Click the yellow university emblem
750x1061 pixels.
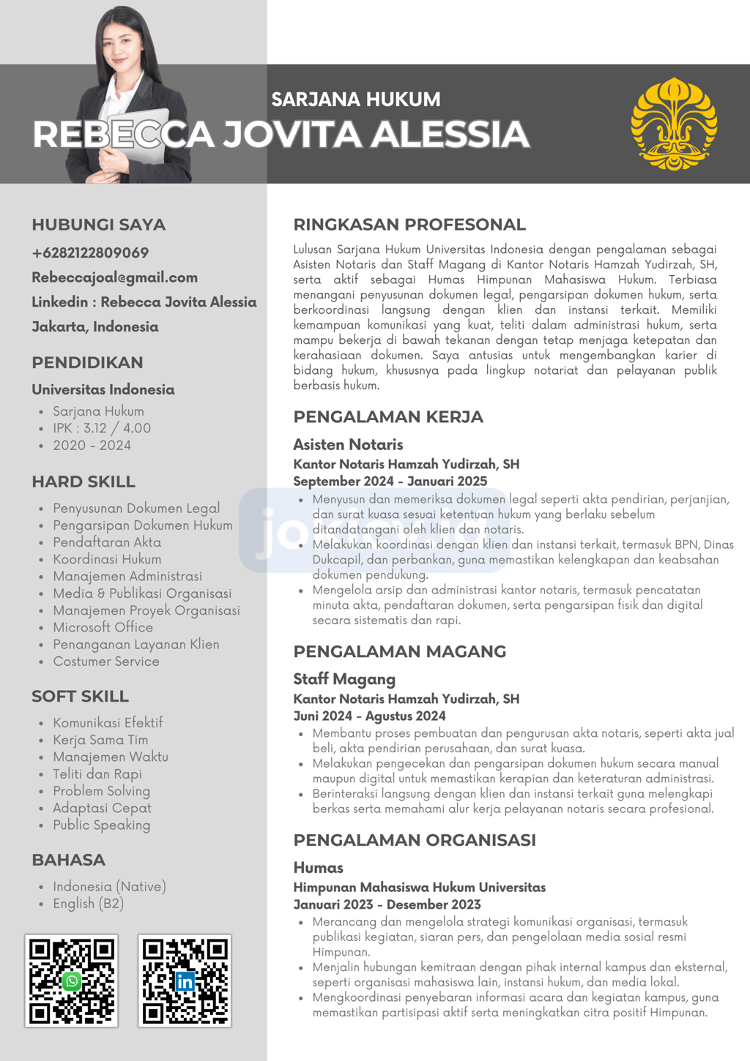(x=674, y=124)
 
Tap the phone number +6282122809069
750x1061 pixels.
(x=90, y=253)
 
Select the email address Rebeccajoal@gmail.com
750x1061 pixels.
(x=114, y=278)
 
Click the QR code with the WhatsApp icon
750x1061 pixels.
(x=71, y=981)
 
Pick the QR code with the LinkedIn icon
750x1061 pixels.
(x=185, y=981)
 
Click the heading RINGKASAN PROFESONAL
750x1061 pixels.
(x=409, y=225)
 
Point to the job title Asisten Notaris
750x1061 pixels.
(x=348, y=445)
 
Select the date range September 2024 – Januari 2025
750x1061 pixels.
(x=390, y=481)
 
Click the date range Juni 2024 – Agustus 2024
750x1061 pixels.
(x=369, y=716)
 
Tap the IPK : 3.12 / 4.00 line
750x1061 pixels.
(x=102, y=428)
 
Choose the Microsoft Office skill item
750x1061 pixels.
(x=103, y=627)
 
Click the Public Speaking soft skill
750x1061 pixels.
(x=101, y=825)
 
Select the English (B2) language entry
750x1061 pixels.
(x=88, y=904)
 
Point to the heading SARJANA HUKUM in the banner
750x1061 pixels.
(x=356, y=100)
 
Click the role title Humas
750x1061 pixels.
(x=318, y=868)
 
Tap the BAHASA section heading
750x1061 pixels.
(x=68, y=860)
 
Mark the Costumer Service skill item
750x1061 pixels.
(x=105, y=661)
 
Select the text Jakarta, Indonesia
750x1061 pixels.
(x=95, y=327)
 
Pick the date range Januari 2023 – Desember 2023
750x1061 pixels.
(x=387, y=905)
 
